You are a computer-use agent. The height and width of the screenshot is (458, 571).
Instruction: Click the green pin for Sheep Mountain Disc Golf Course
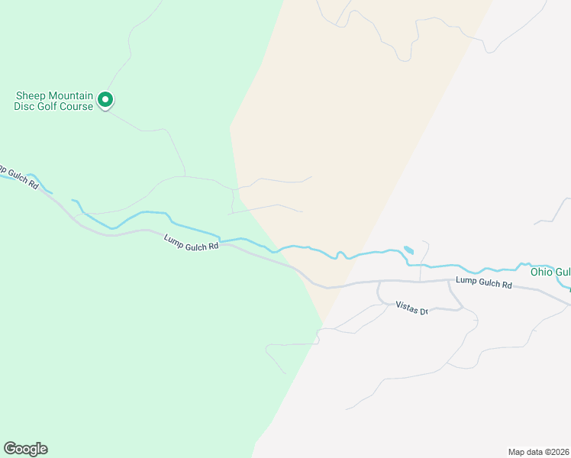pyautogui.click(x=106, y=100)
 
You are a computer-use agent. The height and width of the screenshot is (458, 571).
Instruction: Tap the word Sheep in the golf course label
pyautogui.click(x=31, y=96)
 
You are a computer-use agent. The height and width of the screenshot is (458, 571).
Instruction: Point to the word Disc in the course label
pyautogui.click(x=24, y=106)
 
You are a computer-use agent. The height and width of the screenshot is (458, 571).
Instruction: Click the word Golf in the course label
pyautogui.click(x=50, y=106)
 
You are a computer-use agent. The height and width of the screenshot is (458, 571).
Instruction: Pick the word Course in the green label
pyautogui.click(x=79, y=106)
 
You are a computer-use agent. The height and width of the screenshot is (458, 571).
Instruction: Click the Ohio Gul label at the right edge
pyautogui.click(x=550, y=273)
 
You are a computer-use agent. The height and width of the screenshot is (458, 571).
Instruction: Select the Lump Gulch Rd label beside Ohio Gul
pyautogui.click(x=484, y=282)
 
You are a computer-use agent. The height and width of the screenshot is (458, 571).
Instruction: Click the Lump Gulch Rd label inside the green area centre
pyautogui.click(x=192, y=242)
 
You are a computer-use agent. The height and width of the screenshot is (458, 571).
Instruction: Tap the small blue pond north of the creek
pyautogui.click(x=409, y=250)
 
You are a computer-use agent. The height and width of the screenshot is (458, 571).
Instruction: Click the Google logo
pyautogui.click(x=25, y=449)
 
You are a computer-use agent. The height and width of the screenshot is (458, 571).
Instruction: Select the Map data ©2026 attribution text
pyautogui.click(x=538, y=451)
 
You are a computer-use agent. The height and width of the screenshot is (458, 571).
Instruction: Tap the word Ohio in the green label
pyautogui.click(x=542, y=273)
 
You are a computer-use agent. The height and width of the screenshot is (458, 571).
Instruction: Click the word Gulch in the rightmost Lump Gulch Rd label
pyautogui.click(x=487, y=282)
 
